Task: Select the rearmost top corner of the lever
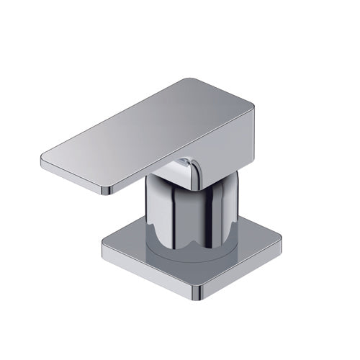pos(189,81)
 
